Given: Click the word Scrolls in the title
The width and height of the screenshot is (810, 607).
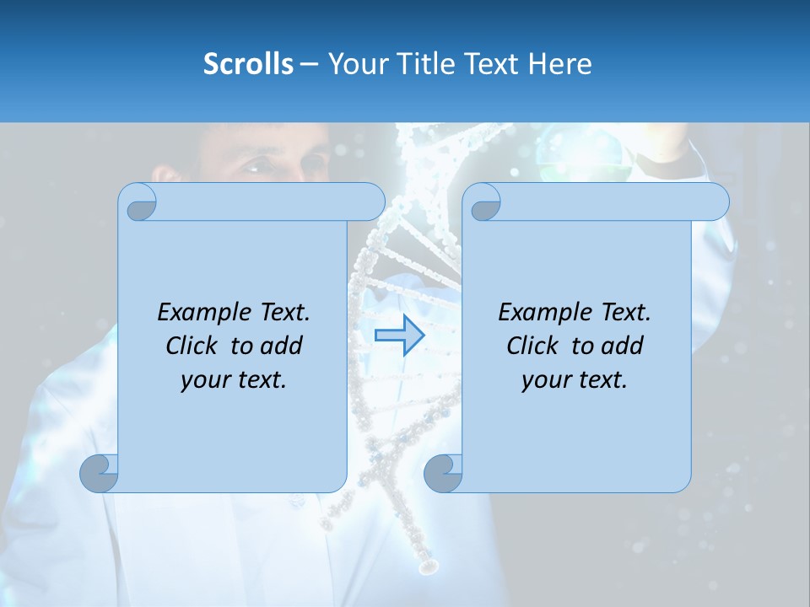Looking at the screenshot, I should (248, 64).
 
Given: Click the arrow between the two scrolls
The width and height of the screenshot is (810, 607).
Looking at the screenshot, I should (399, 336).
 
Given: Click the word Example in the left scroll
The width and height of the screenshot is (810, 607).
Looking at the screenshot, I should (203, 312).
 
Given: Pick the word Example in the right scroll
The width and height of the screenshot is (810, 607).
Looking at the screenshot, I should (544, 312).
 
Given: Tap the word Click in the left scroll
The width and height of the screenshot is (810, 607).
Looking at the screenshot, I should (193, 346).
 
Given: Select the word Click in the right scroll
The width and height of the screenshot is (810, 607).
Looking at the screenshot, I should (534, 346).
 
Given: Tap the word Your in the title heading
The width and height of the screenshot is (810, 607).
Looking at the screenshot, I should (354, 64).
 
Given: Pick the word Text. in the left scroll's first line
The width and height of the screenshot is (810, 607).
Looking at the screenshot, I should (281, 312).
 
